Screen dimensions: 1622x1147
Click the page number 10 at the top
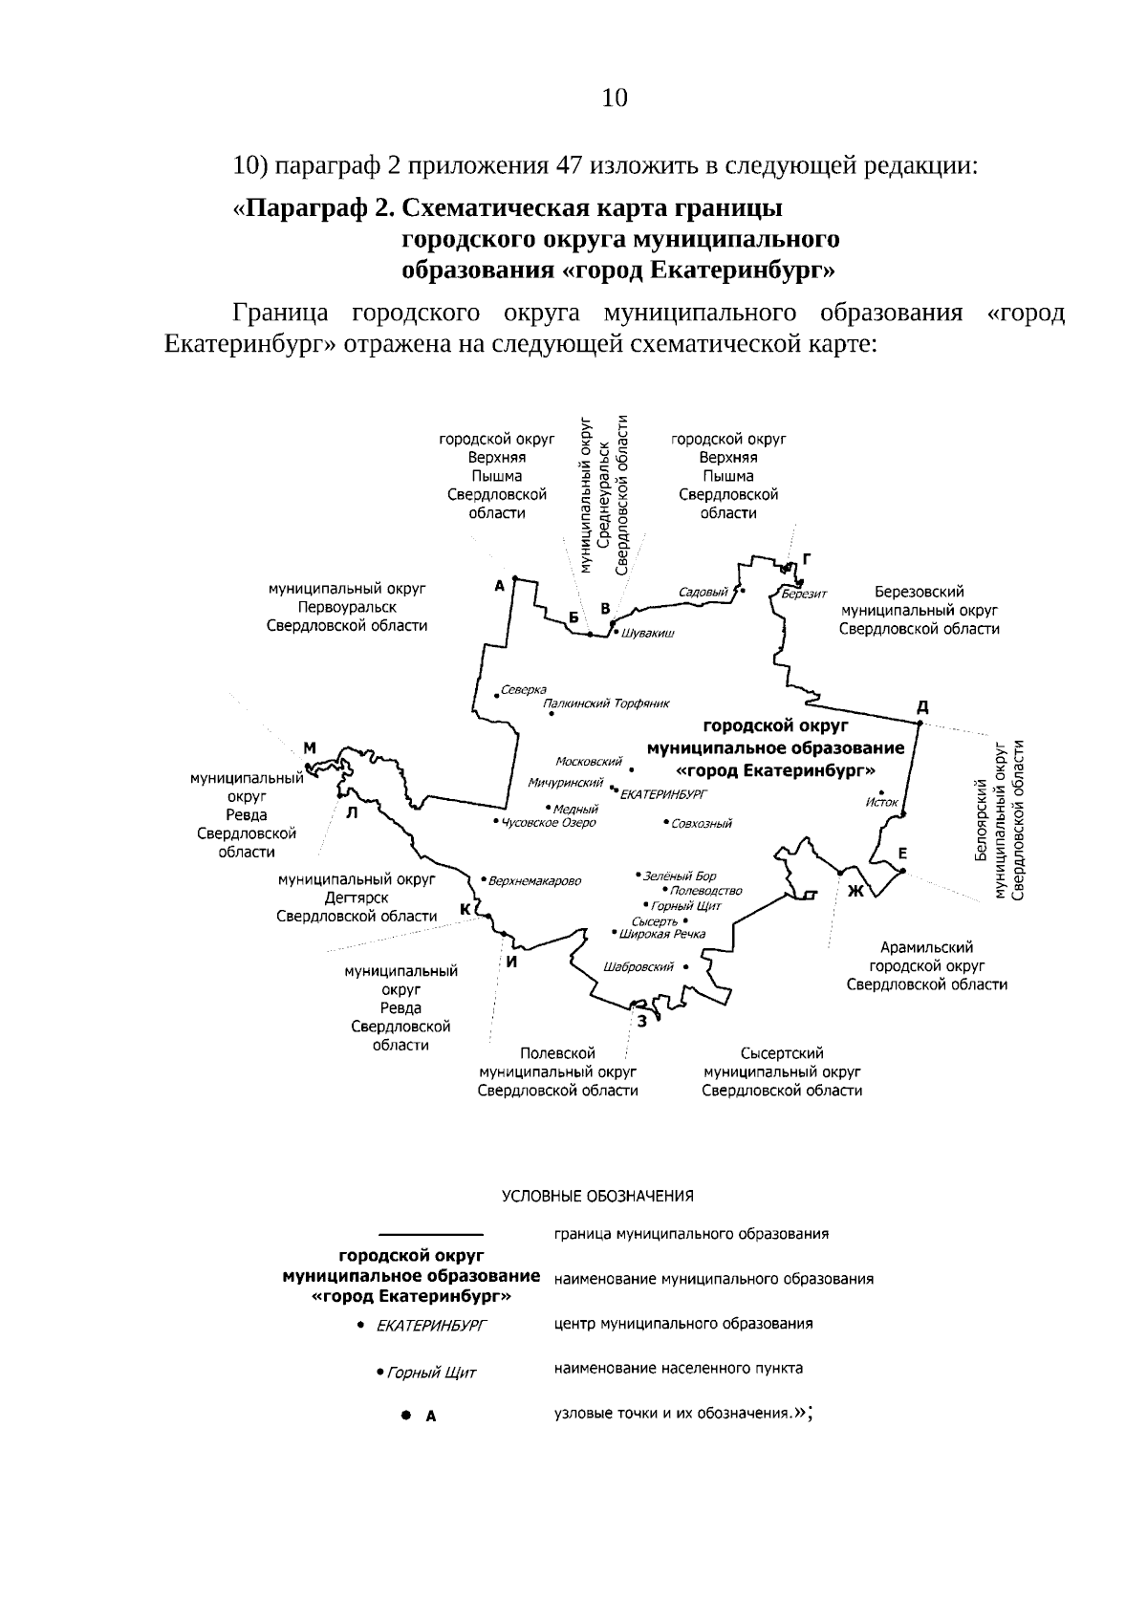click(615, 98)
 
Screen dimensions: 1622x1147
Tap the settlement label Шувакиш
click(647, 634)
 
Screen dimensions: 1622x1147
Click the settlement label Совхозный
click(702, 823)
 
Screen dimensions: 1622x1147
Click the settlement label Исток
click(881, 802)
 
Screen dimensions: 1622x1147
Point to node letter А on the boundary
click(499, 586)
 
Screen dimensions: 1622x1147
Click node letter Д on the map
click(922, 707)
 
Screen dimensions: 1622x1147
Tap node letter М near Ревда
click(310, 747)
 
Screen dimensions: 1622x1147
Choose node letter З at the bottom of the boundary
click(642, 1021)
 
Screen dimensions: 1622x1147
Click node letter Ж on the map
click(855, 892)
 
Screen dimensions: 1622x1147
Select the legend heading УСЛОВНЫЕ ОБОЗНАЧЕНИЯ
click(598, 1196)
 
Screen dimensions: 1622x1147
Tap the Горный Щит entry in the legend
click(431, 1373)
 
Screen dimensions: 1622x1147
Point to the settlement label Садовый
click(703, 592)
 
